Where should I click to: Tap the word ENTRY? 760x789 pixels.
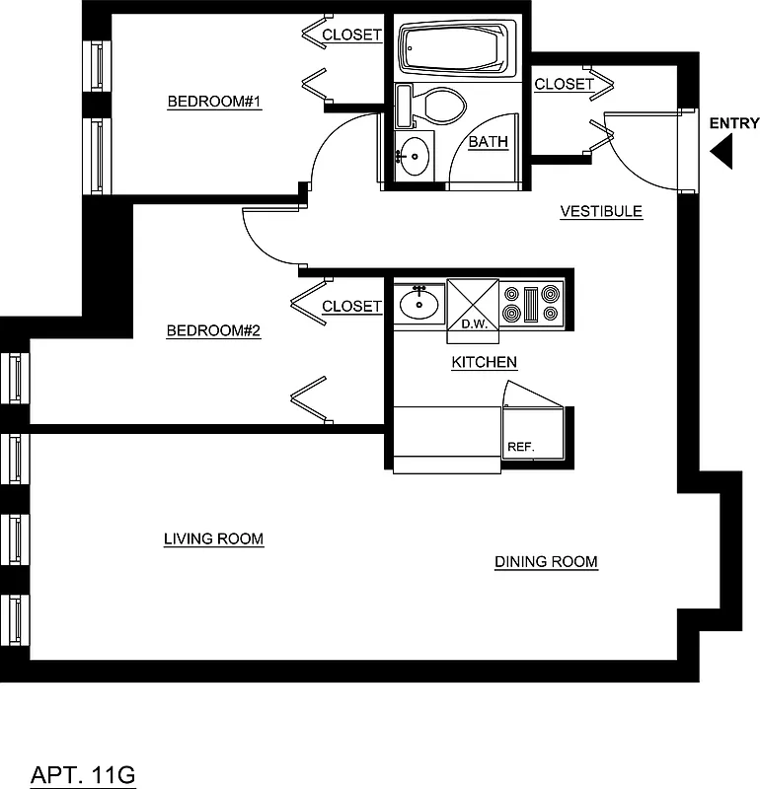(x=734, y=123)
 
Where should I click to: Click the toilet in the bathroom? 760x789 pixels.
(x=434, y=106)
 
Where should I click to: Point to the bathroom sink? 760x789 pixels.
(x=415, y=156)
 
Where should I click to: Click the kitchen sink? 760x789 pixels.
(x=419, y=304)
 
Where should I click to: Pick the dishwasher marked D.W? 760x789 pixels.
(x=473, y=307)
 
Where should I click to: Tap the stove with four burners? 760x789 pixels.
(x=531, y=304)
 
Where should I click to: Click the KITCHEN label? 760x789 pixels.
(x=484, y=363)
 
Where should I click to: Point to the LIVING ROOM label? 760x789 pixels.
(x=213, y=539)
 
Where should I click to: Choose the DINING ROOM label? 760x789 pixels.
(x=546, y=562)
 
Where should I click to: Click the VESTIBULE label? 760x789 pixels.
(x=601, y=211)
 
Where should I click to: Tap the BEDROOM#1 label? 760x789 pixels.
(x=213, y=102)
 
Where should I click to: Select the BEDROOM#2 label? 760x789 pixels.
(x=212, y=331)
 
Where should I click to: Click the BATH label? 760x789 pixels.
(x=488, y=142)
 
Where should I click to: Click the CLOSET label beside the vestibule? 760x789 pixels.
(x=564, y=85)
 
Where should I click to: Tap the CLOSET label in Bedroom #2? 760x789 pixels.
(x=350, y=307)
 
